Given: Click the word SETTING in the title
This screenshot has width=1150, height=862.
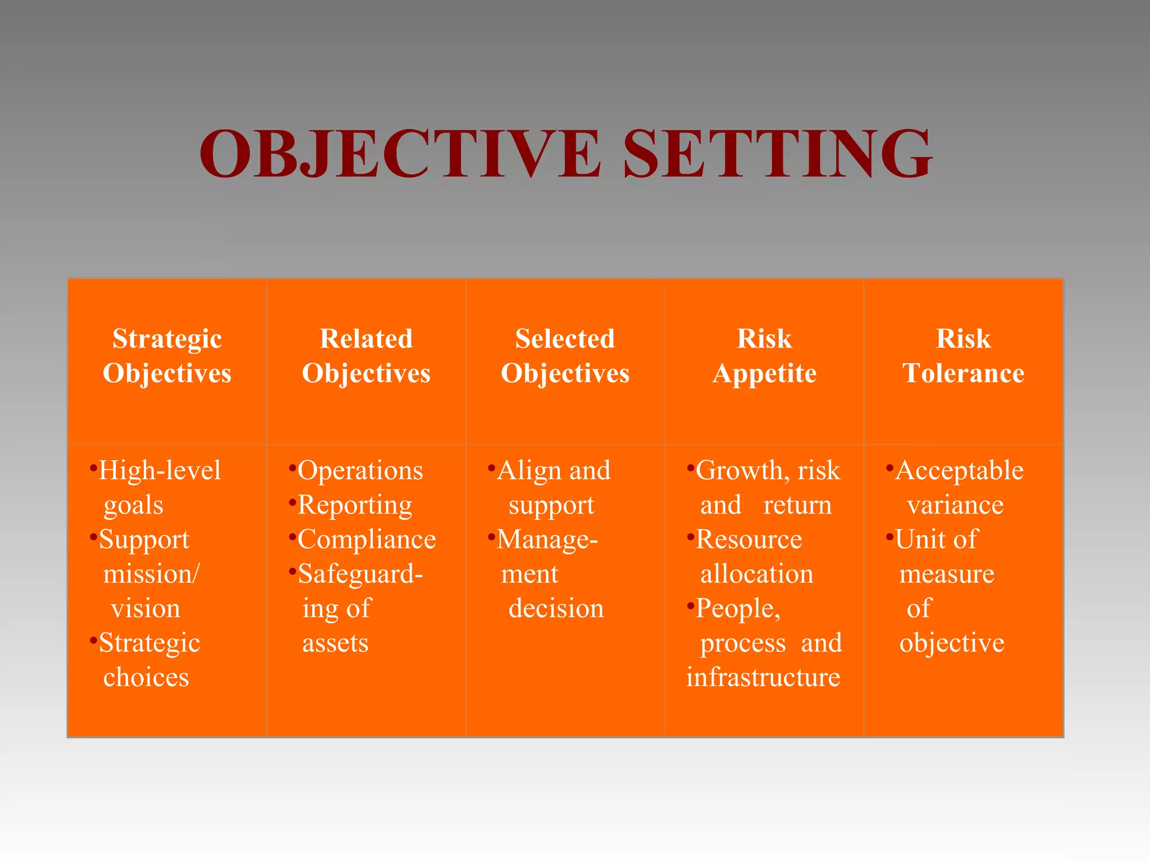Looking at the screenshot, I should pos(777,154).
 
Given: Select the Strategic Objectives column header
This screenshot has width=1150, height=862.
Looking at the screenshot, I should pos(167,356).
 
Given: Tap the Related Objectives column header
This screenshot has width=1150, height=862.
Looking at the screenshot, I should pos(366,356).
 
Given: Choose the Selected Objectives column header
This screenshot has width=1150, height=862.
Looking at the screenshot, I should pos(565,356).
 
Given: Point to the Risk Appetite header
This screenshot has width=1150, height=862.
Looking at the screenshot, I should pos(764,356).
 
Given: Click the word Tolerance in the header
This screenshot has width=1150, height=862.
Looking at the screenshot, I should pos(963,373).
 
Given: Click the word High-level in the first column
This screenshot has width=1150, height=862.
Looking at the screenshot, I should pos(159,470).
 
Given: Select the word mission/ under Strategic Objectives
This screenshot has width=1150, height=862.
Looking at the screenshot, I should pos(151,574).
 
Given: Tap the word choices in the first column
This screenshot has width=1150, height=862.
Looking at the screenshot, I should pos(146,677).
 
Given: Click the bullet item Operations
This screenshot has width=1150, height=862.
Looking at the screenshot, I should pos(360,470).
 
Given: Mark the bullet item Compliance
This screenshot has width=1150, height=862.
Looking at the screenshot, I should pos(367,539).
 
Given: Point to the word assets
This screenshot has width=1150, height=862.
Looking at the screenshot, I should pos(335,643).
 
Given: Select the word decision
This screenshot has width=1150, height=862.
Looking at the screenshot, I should pos(556,608).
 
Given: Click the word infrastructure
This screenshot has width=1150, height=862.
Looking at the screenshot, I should pos(763,677).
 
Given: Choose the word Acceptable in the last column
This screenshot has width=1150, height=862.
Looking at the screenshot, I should pos(959,470).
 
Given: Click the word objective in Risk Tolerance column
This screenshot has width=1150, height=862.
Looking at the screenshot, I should pos(952,643).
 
